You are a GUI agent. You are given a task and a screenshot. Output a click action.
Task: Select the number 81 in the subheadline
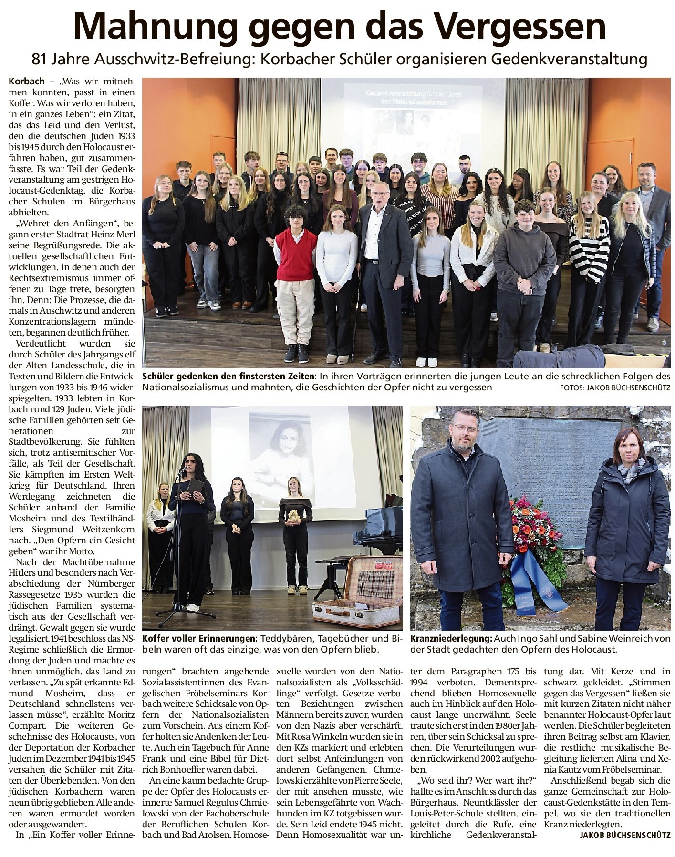click(40, 59)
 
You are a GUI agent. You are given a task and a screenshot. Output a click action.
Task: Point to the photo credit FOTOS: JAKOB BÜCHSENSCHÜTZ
click(615, 388)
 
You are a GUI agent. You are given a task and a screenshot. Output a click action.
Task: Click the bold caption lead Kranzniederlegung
click(450, 638)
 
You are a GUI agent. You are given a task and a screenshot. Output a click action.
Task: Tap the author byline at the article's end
click(625, 848)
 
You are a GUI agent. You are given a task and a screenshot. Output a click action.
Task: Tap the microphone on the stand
click(182, 470)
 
